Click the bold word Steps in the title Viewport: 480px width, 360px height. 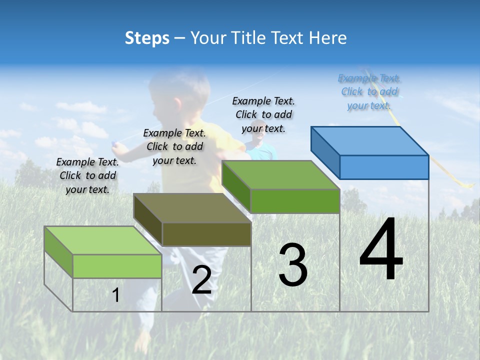147,38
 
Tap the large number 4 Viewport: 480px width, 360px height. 381,249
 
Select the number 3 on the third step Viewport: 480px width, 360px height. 292,265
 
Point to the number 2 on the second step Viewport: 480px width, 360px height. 201,280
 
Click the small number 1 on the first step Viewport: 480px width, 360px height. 116,295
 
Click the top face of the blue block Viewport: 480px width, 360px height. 370,140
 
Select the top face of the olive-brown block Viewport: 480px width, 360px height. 192,207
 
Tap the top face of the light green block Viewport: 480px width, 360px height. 102,240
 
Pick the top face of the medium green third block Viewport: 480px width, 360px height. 281,175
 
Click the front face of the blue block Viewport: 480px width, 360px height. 384,167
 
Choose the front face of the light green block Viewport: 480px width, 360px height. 117,266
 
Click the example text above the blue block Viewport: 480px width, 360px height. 369,92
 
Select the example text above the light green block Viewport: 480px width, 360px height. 87,176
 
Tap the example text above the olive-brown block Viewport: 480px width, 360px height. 174,147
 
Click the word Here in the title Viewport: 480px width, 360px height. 328,38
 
